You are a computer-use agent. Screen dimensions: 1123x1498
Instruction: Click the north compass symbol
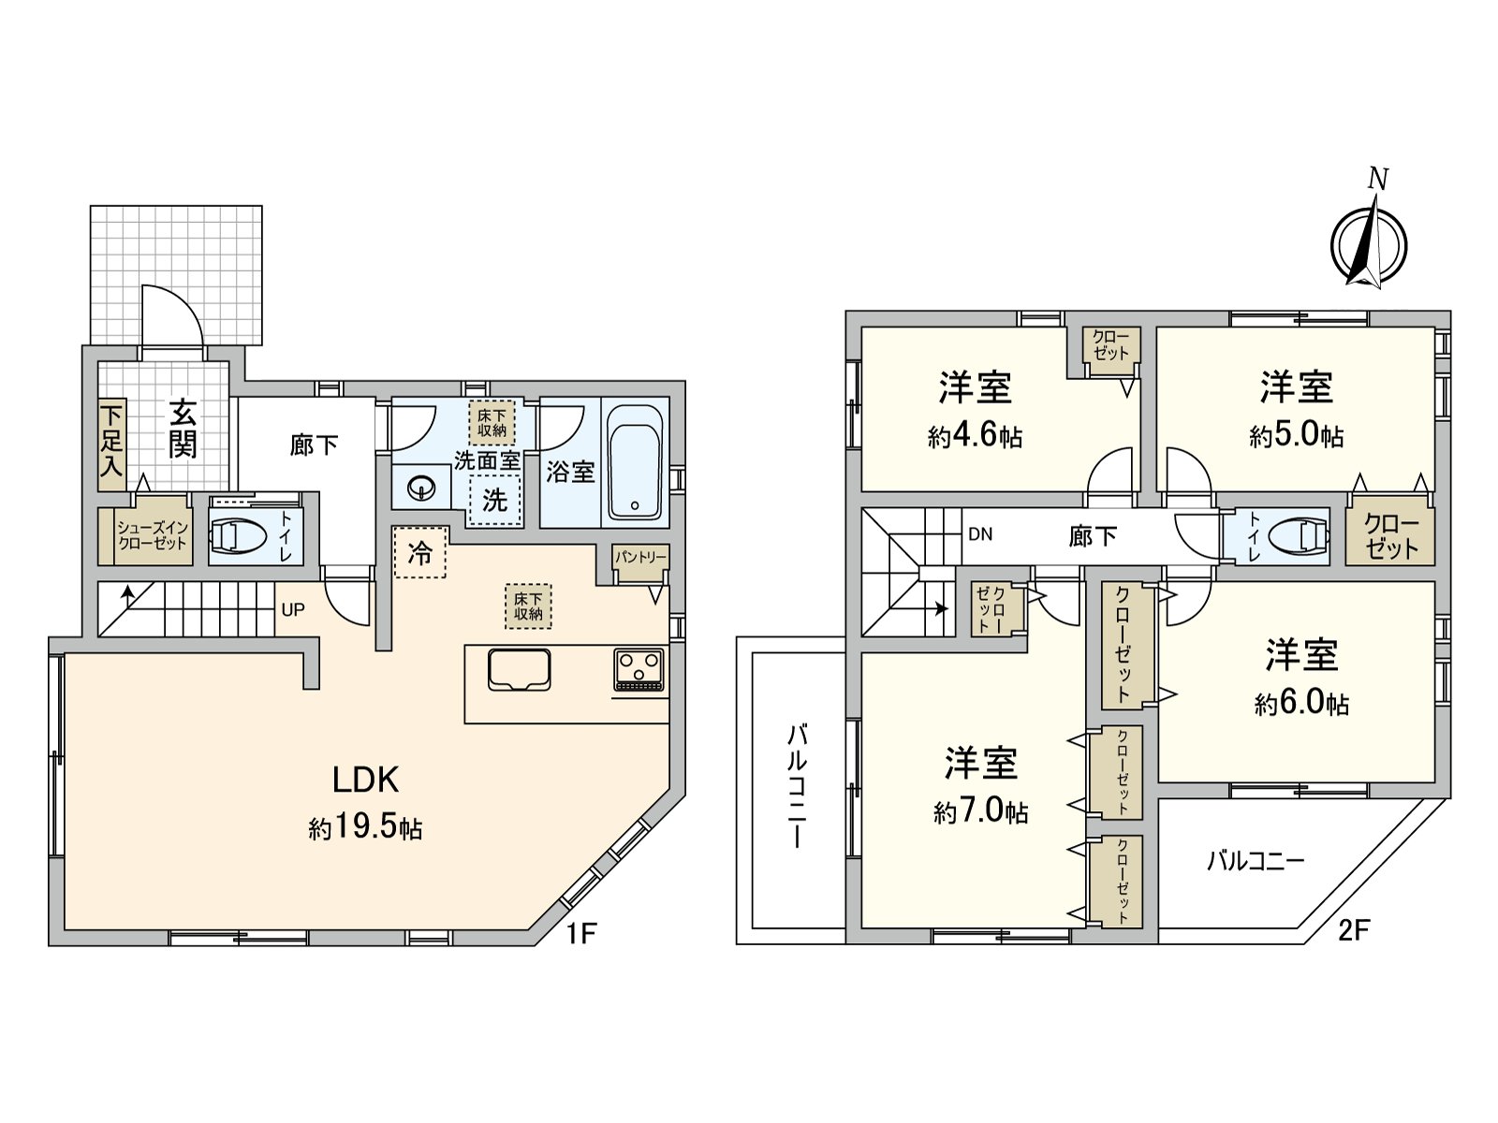(1369, 241)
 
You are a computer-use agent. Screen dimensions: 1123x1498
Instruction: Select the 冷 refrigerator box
(420, 554)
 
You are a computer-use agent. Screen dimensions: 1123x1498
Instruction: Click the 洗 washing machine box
(494, 501)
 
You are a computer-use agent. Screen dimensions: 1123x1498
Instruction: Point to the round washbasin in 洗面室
(421, 488)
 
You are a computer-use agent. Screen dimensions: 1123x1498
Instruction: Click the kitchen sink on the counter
(519, 669)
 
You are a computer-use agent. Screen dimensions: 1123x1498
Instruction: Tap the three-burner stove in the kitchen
(639, 668)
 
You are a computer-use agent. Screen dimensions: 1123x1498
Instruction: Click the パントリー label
(640, 558)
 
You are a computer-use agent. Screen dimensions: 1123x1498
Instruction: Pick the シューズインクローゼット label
(153, 536)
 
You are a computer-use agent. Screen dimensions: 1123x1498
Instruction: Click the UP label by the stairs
(293, 610)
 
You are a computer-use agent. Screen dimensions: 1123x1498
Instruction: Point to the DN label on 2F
(980, 535)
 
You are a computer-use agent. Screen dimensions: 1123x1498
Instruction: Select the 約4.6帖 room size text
(975, 436)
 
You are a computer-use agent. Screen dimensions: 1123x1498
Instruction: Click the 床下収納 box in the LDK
(528, 605)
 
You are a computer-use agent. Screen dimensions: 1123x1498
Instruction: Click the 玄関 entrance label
(183, 429)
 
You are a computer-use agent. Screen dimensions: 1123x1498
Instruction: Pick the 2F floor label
(1353, 930)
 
